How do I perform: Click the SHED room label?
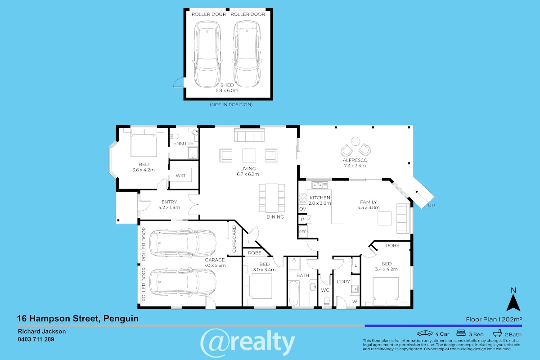pos(227,85)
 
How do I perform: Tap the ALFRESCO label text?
pos(355,160)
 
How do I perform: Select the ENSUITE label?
pos(183,144)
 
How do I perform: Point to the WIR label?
pos(180,176)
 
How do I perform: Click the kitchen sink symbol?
pos(319,185)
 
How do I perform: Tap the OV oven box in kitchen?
pos(302,209)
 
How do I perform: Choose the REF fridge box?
pos(303,232)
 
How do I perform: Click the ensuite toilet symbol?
pos(174,136)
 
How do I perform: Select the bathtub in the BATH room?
pos(293,293)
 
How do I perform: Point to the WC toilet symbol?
pos(327,301)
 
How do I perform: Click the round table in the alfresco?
pos(355,141)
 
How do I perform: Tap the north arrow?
pos(513,302)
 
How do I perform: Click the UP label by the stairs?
pos(431,206)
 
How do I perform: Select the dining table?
pos(272,198)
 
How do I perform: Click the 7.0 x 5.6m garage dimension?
pos(215,265)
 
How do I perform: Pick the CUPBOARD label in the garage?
pos(234,239)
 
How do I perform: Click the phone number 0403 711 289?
pos(36,339)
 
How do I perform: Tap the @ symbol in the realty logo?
pos(213,342)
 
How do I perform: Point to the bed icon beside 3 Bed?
pos(461,333)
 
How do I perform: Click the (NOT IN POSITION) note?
pos(231,105)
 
